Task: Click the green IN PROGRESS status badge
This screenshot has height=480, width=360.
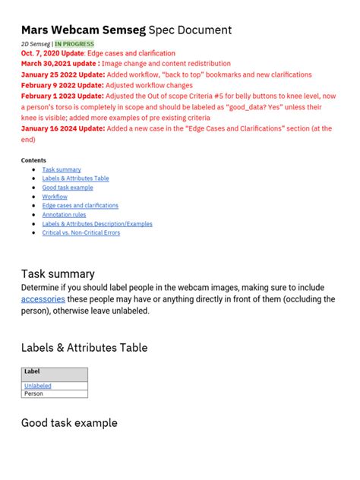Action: pyautogui.click(x=74, y=44)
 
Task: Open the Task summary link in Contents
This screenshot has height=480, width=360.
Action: pyautogui.click(x=62, y=169)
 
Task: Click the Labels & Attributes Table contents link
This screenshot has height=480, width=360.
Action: pyautogui.click(x=75, y=178)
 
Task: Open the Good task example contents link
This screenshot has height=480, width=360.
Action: pyautogui.click(x=68, y=188)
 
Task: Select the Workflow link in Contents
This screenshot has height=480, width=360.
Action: pyautogui.click(x=55, y=197)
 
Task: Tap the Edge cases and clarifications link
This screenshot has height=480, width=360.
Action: pyautogui.click(x=80, y=206)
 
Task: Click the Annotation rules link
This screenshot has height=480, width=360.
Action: pyautogui.click(x=64, y=215)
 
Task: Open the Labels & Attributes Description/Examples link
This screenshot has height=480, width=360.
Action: pyautogui.click(x=97, y=224)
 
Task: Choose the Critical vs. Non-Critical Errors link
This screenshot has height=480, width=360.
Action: pyautogui.click(x=81, y=232)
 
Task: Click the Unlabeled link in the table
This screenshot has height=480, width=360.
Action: pyautogui.click(x=38, y=386)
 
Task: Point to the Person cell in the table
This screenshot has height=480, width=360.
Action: pyautogui.click(x=34, y=394)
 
